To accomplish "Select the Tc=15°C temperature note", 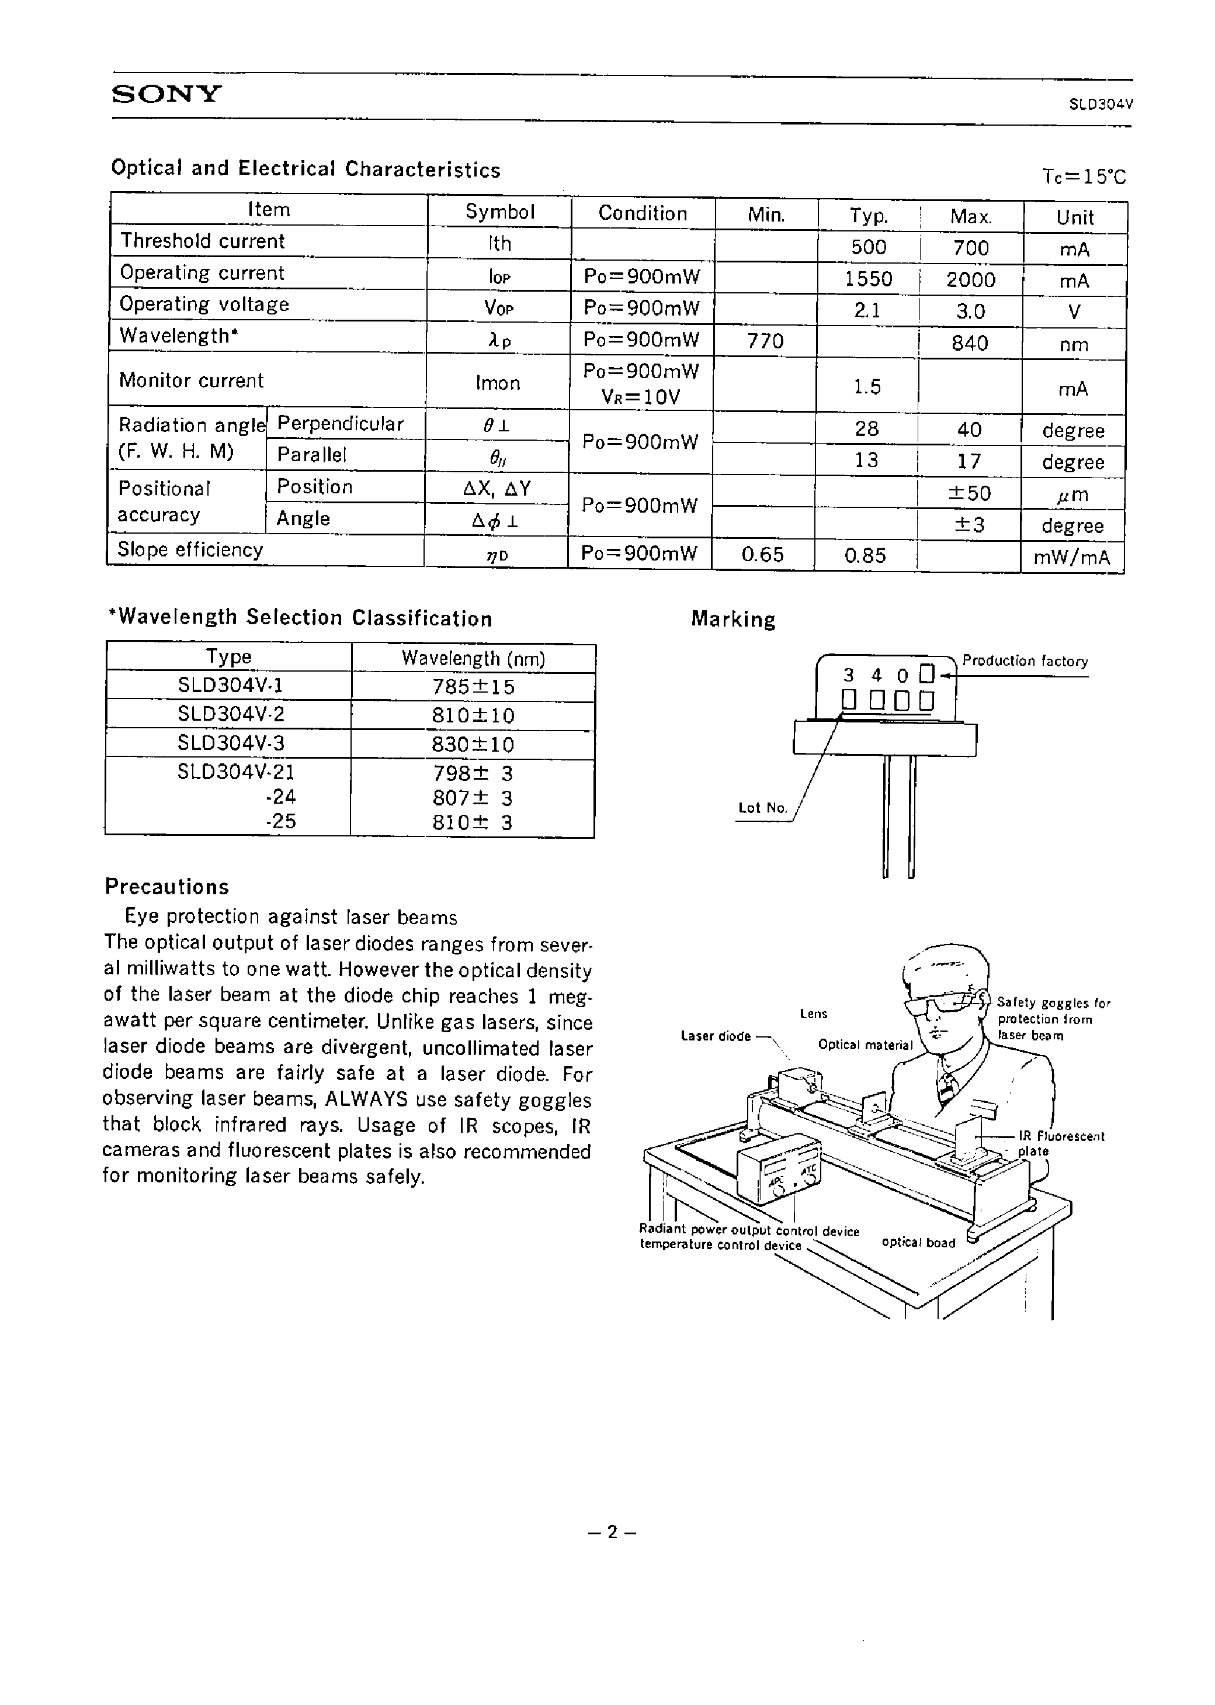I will (1084, 176).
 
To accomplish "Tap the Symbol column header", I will (500, 212).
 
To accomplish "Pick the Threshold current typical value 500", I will (869, 247).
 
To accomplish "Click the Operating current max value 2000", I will (970, 279).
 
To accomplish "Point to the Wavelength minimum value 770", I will (765, 341).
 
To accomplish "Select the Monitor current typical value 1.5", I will (867, 386).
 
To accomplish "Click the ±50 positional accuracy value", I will (970, 493).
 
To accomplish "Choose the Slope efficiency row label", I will (191, 550).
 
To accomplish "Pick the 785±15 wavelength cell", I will (473, 686).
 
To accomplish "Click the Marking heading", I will (733, 619).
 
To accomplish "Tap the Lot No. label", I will (762, 808).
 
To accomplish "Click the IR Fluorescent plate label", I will (1061, 1143).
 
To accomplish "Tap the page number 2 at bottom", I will (612, 1532).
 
